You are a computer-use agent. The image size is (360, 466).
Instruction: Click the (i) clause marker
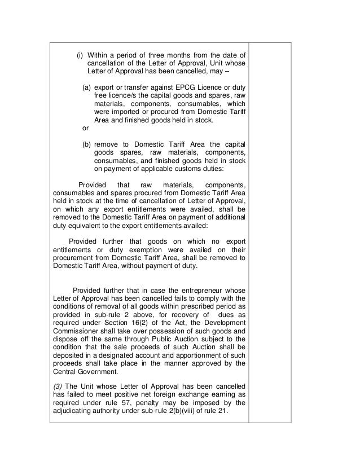point(80,55)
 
